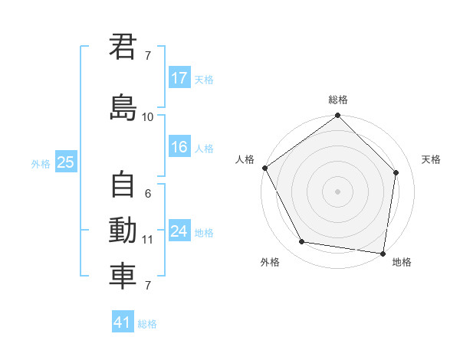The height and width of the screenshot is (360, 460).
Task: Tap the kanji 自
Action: point(123,185)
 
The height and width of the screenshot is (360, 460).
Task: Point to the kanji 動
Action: point(123,231)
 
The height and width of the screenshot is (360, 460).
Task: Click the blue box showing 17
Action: point(179,78)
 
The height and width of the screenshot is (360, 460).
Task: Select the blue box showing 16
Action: point(179,148)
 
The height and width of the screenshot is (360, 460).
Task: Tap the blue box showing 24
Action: point(179,231)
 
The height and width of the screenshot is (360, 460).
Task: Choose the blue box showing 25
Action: point(65,162)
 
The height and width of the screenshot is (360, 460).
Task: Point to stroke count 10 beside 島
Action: point(147,116)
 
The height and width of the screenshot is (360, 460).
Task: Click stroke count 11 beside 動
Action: point(147,240)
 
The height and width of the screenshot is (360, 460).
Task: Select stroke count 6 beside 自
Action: point(147,194)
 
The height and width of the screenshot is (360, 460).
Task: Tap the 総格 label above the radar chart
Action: point(337,100)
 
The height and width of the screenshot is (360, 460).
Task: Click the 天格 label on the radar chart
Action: point(431,159)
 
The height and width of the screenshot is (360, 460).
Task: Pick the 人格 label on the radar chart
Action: point(245,159)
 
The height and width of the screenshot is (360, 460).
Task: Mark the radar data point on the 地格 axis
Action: point(383,253)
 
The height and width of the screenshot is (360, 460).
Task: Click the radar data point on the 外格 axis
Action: point(302,242)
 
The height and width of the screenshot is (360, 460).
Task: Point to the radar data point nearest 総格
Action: point(337,116)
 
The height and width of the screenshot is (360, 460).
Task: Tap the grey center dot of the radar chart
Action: point(337,191)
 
